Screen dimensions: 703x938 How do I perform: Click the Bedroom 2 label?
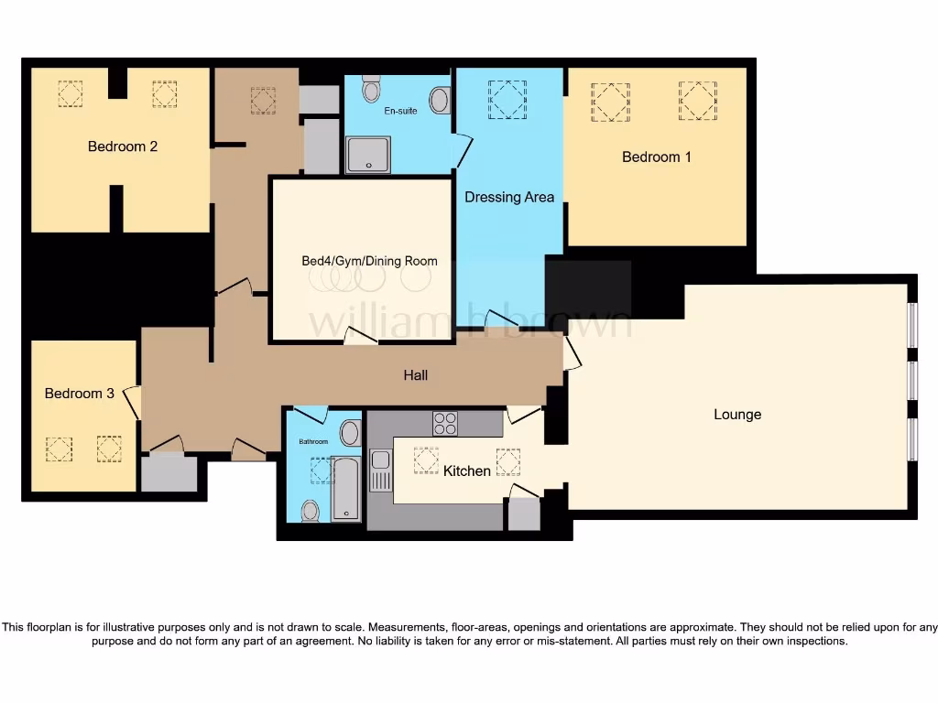tap(123, 146)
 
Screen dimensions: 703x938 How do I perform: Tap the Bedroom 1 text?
tap(656, 157)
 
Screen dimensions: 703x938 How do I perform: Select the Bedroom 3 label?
tap(80, 394)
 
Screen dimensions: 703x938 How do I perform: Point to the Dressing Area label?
tap(509, 197)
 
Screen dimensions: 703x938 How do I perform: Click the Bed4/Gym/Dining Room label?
tap(369, 261)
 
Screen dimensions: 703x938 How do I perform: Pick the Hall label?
tap(416, 375)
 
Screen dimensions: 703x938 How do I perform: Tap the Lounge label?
tap(737, 415)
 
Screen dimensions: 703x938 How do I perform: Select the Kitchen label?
tap(467, 471)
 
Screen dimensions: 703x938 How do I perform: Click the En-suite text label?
tap(398, 111)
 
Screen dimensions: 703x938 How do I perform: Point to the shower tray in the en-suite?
tap(368, 154)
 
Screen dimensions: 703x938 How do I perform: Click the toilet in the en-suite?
tap(371, 90)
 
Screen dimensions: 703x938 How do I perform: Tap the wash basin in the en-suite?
tap(440, 100)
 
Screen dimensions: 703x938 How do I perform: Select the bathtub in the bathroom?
tap(346, 488)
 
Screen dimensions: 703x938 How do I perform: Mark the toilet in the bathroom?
tap(311, 510)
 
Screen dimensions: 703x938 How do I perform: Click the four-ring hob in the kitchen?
tap(445, 424)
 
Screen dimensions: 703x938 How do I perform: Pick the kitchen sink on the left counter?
tap(380, 470)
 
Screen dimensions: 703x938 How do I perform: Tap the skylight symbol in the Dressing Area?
tap(507, 99)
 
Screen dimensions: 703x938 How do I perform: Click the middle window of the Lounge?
tap(911, 380)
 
